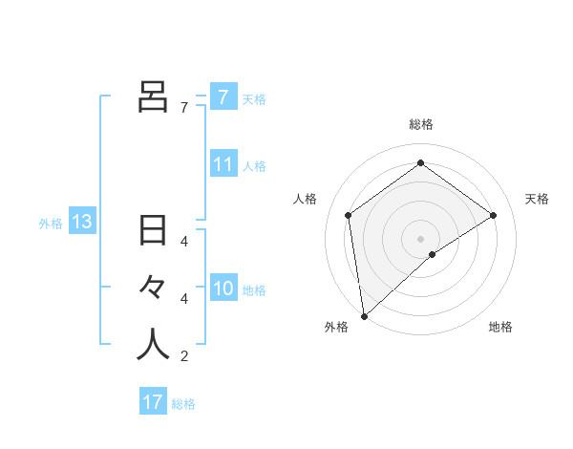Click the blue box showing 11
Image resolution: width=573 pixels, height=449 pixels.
pos(223,164)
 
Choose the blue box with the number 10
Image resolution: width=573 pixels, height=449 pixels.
pos(223,289)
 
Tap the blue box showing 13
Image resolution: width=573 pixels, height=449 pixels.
pos(82,223)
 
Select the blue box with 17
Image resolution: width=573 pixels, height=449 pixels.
pos(153,402)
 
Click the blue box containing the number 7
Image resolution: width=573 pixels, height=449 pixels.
pos(223,96)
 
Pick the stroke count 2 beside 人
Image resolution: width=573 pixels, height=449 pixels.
pos(184,357)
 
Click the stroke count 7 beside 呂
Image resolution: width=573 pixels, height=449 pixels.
pos(184,108)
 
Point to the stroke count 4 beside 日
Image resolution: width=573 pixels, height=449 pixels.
pos(184,242)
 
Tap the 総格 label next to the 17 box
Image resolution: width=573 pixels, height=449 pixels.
pos(183,404)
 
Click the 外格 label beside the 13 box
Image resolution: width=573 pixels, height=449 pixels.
pos(51,224)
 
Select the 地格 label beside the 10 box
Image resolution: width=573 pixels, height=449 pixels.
pos(254,289)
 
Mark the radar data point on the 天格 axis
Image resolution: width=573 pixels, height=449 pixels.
pos(493,215)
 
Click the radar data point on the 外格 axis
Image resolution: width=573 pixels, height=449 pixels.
pos(364,316)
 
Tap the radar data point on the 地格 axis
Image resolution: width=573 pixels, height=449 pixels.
pos(433,254)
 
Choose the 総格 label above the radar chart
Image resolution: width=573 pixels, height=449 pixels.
pos(421,124)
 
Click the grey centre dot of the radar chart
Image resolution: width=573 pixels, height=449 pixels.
pos(420,238)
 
